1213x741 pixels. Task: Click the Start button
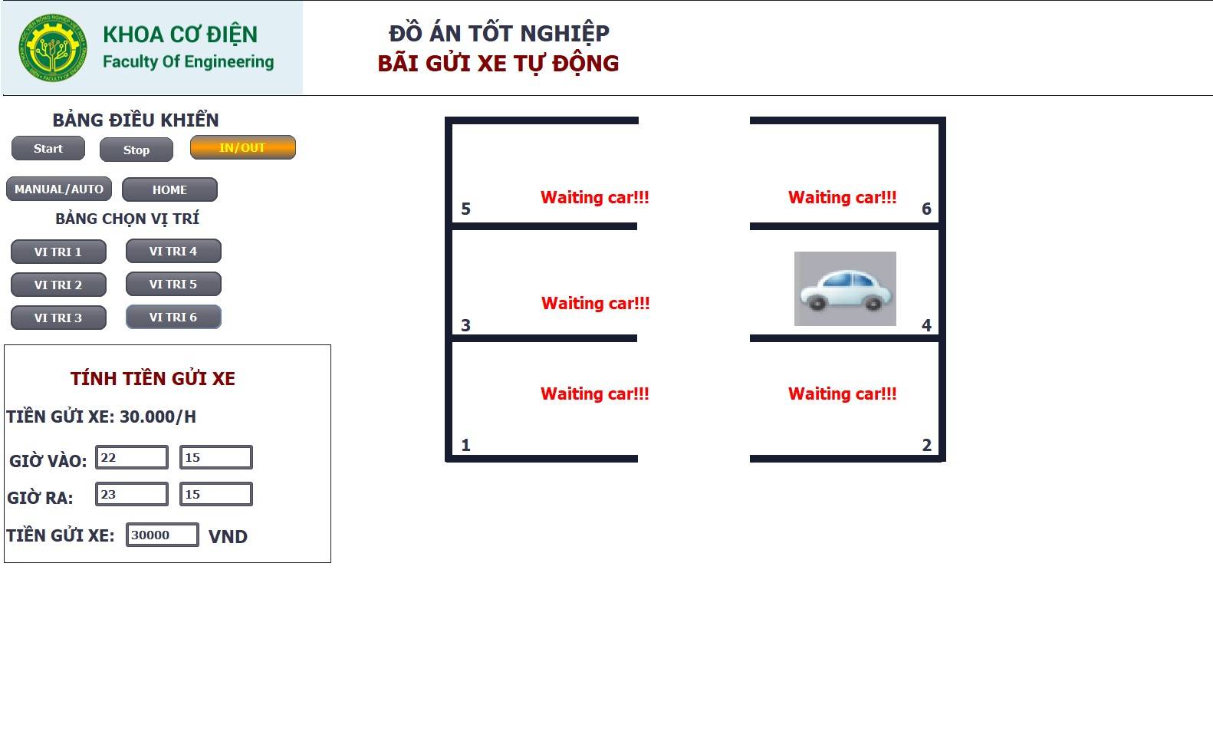tap(48, 148)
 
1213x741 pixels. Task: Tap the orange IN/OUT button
tap(242, 147)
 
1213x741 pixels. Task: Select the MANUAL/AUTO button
tap(58, 189)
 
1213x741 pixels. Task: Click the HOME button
tap(169, 189)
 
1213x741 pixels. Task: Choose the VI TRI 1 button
tap(58, 252)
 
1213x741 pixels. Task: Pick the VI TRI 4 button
tap(173, 252)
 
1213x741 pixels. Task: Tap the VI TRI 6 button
tap(173, 317)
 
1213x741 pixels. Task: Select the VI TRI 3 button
tap(58, 318)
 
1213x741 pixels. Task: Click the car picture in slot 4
tap(845, 288)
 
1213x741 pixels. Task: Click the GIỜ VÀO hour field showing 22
tap(132, 457)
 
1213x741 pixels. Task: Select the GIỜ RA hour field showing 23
tap(132, 494)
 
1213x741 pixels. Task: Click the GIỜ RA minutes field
tap(216, 494)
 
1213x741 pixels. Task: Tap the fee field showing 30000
tap(163, 535)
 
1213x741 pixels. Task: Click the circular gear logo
tap(53, 48)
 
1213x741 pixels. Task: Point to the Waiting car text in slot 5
tap(594, 197)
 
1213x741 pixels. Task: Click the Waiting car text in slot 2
tap(842, 394)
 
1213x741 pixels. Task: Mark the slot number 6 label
tap(926, 209)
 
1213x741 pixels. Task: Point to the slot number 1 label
tap(465, 445)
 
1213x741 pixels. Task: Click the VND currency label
tap(228, 536)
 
